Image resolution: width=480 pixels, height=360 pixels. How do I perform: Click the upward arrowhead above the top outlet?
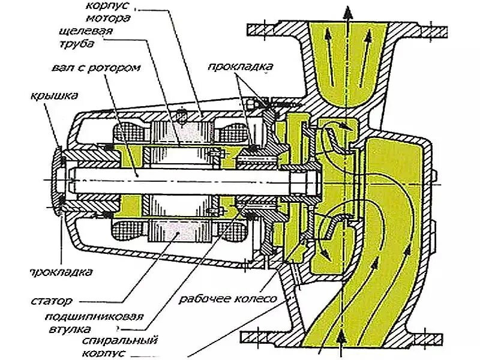pyautogui.click(x=346, y=11)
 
